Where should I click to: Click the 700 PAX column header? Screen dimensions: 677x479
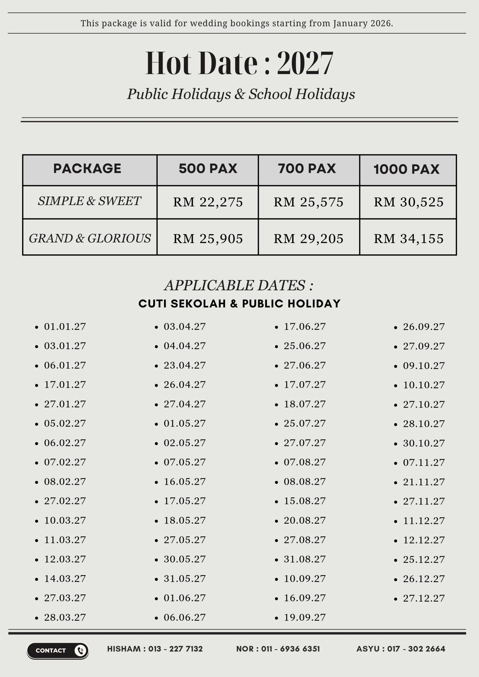click(307, 169)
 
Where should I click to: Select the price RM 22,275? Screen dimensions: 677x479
click(208, 202)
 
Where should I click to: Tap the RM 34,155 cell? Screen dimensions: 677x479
click(408, 239)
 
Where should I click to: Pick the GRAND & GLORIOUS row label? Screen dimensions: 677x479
click(90, 238)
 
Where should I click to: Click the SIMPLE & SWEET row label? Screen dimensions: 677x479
click(89, 201)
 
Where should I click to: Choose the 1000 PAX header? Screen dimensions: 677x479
click(406, 169)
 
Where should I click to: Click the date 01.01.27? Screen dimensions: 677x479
click(65, 327)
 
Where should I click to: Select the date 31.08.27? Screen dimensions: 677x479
click(305, 559)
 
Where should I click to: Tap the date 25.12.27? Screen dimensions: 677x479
click(424, 560)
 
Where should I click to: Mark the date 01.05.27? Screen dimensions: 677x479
click(185, 424)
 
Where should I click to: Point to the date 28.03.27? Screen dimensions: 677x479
click(65, 617)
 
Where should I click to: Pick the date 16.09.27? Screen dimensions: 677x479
click(305, 598)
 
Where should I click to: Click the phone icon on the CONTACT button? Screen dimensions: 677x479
click(80, 651)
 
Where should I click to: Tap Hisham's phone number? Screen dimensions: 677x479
click(175, 649)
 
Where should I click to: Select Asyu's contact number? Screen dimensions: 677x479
click(416, 649)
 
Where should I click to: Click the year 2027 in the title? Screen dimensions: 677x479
click(305, 63)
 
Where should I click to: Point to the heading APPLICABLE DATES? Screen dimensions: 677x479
click(239, 285)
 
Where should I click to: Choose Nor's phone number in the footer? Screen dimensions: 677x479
click(290, 649)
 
